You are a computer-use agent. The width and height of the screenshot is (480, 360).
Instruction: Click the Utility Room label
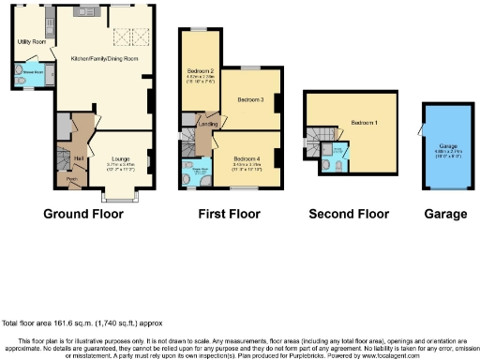click(x=32, y=42)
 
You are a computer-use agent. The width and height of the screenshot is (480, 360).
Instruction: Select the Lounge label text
click(x=121, y=159)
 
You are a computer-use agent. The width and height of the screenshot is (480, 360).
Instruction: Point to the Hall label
click(x=79, y=158)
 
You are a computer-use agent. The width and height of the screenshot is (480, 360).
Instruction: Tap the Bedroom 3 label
click(x=248, y=99)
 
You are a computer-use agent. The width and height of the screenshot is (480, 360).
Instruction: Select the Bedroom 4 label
click(x=246, y=159)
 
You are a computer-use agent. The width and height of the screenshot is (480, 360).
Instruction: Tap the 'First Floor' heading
click(x=229, y=214)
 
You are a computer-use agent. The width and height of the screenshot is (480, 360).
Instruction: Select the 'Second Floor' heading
click(x=349, y=214)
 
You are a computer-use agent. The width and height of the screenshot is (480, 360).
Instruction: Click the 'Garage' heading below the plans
click(x=444, y=214)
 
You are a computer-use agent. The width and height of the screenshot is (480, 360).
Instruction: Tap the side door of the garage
click(x=420, y=131)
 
